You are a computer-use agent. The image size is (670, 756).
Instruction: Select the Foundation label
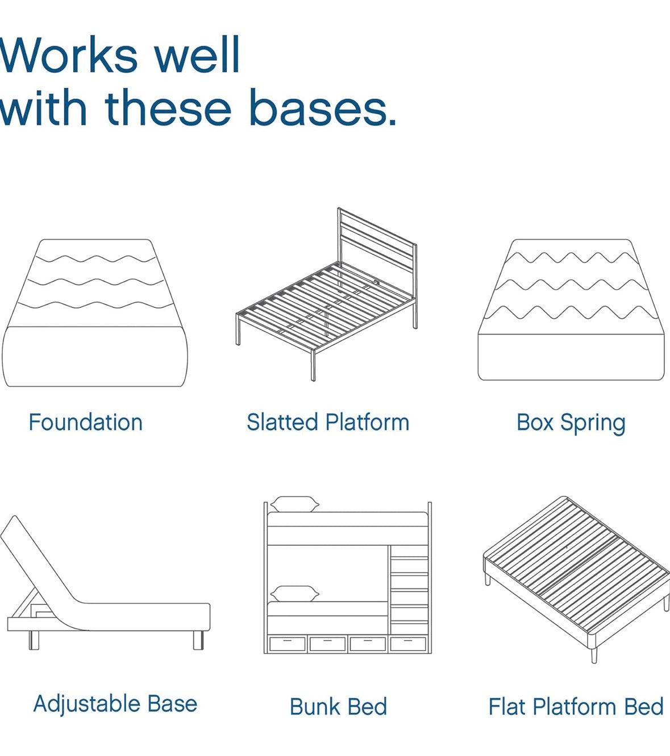(x=85, y=423)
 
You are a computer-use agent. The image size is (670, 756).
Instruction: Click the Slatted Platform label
(x=328, y=423)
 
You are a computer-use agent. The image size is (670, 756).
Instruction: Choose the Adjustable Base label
(x=115, y=704)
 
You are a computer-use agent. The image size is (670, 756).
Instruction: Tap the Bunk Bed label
(x=338, y=707)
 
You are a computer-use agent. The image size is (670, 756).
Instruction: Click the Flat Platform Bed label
(x=576, y=707)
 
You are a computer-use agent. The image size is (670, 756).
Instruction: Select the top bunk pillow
(x=294, y=504)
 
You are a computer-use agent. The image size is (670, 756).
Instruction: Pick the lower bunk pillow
(x=294, y=594)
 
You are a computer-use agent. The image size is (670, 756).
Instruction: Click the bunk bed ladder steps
(x=409, y=591)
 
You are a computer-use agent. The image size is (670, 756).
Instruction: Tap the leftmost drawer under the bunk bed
(x=287, y=643)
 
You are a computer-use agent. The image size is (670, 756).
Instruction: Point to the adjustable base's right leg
(x=198, y=640)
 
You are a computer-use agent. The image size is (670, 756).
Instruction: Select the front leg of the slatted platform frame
(x=313, y=364)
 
